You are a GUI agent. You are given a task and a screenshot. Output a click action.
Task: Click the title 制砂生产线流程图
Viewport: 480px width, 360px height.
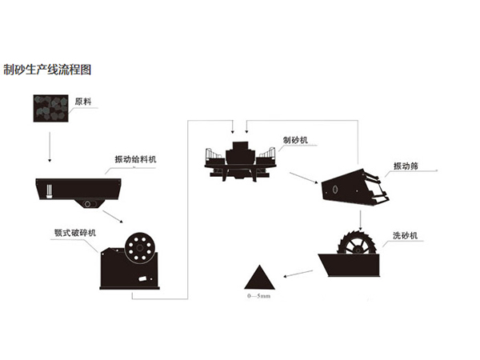pyautogui.click(x=47, y=70)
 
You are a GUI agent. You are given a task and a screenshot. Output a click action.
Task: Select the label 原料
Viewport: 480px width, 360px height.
pyautogui.click(x=83, y=102)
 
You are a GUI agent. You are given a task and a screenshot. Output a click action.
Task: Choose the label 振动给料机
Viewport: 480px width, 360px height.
pyautogui.click(x=134, y=160)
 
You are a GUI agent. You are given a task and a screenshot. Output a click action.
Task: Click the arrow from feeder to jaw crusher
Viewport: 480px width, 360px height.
pyautogui.click(x=113, y=219)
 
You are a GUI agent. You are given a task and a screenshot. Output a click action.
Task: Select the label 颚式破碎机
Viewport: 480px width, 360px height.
pyautogui.click(x=75, y=232)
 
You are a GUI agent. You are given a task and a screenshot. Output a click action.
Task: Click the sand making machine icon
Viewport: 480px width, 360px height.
pyautogui.click(x=238, y=159)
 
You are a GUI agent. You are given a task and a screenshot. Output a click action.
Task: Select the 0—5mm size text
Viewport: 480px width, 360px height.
pyautogui.click(x=258, y=297)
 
